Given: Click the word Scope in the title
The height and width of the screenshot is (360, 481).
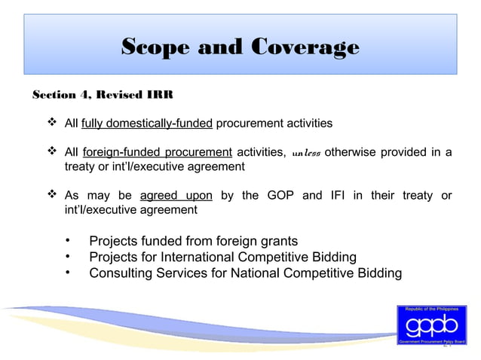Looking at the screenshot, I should point(156,47).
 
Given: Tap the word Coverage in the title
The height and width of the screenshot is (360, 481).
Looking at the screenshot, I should point(305,47).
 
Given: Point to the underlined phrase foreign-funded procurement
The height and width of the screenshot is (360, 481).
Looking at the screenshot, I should point(157,152).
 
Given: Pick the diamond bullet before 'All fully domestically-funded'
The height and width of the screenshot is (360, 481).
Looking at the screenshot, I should point(53,123).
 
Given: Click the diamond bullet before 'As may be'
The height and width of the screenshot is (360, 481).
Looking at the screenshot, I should point(53,196).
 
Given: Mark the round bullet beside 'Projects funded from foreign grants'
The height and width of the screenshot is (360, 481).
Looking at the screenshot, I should point(69,241).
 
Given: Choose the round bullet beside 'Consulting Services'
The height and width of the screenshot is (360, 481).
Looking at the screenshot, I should point(69,272).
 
